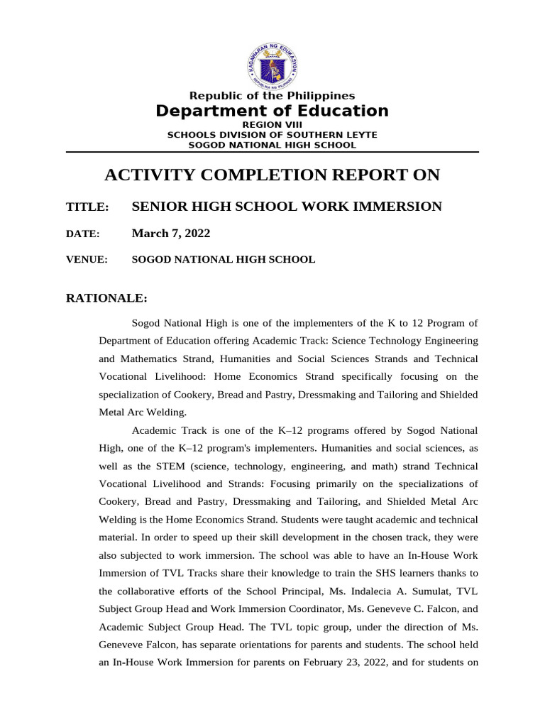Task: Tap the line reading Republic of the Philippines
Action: pos(272,96)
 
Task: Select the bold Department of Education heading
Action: pos(272,111)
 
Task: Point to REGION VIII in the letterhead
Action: pos(272,124)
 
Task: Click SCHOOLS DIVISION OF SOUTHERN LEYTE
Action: pos(272,134)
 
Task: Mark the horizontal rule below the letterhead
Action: pos(272,152)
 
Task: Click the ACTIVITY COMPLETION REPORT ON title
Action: pos(272,175)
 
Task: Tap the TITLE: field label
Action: pos(87,207)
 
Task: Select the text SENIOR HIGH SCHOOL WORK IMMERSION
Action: pos(287,207)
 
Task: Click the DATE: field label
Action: pos(83,234)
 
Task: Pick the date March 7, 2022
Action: pos(171,234)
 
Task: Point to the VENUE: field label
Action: pos(87,260)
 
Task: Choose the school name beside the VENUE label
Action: pos(224,260)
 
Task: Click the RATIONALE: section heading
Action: pos(106,298)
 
